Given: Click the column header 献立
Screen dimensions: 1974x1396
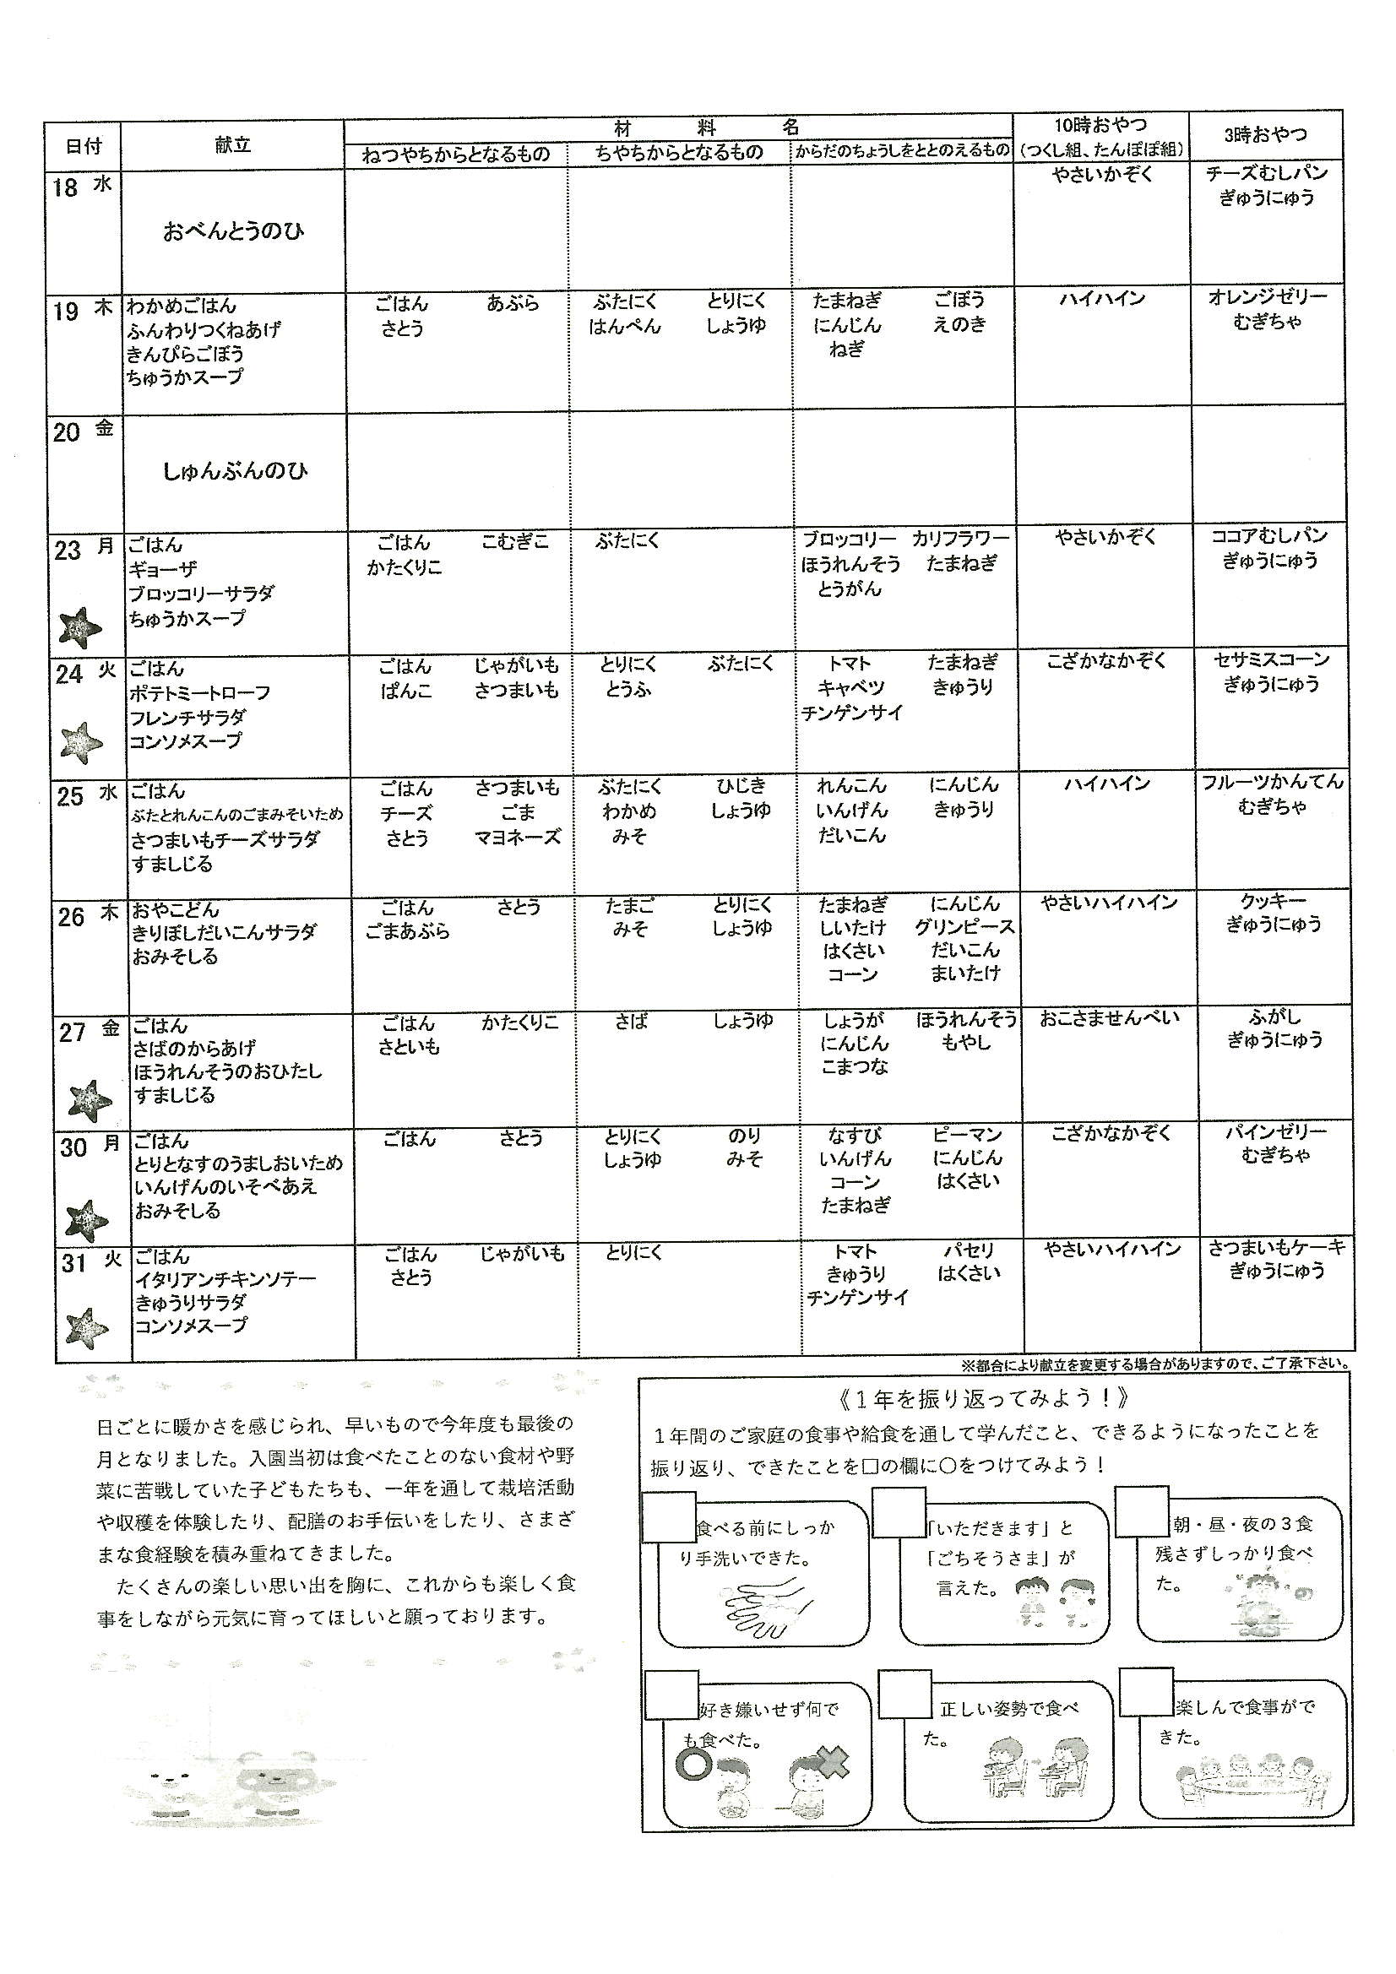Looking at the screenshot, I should point(232,145).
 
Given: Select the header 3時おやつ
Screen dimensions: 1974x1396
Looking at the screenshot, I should point(1264,135).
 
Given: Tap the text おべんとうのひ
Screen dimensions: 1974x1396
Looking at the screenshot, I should point(233,231).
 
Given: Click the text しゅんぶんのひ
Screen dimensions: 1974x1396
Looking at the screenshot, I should point(235,470).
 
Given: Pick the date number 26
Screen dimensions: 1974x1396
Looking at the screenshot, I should point(72,918).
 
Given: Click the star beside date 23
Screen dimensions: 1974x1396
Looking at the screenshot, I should point(80,626).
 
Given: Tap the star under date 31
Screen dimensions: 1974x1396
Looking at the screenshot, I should point(86,1328).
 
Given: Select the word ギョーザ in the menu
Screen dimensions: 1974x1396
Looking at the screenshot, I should point(162,569).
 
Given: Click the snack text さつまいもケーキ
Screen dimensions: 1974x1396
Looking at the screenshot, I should point(1275,1247).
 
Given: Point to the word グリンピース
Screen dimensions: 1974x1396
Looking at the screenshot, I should point(964,928).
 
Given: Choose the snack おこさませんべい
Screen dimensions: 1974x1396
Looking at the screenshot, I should point(1109,1019).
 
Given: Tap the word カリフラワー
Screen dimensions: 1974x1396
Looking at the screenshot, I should point(961,539).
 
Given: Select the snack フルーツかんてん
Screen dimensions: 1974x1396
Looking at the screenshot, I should point(1272,783).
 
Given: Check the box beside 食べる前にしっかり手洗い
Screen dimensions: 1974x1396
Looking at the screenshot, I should point(668,1517).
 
